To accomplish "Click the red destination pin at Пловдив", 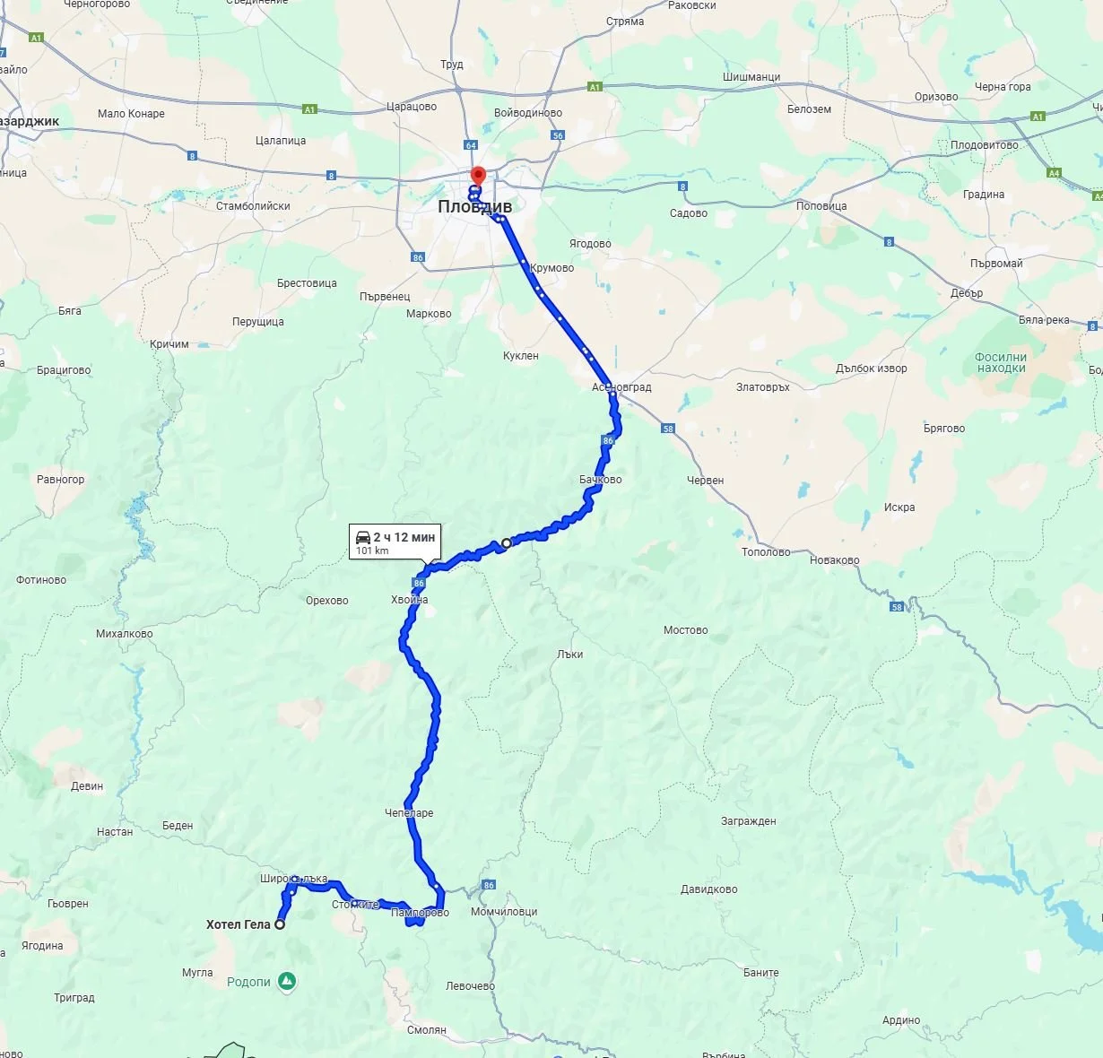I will point(478,175).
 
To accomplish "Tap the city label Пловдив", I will point(474,206).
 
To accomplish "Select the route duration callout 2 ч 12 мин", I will point(395,542).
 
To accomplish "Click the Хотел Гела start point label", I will point(238,924).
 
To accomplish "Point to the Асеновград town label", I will point(621,387).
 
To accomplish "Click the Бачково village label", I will point(600,480).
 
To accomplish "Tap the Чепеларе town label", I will point(409,813).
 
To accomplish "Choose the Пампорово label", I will point(420,913).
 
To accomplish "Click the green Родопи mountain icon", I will point(286,982).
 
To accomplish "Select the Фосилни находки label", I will point(1001,362).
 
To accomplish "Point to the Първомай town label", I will point(996,264).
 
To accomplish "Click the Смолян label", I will point(426,1030).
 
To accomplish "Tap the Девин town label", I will point(87,786).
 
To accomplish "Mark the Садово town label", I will point(689,213).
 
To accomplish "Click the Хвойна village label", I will point(409,600).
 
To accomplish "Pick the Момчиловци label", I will point(503,912).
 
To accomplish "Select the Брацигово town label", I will point(64,370).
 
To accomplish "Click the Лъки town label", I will point(569,655).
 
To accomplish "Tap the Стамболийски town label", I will point(253,206).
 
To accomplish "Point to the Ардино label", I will point(900,1020).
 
